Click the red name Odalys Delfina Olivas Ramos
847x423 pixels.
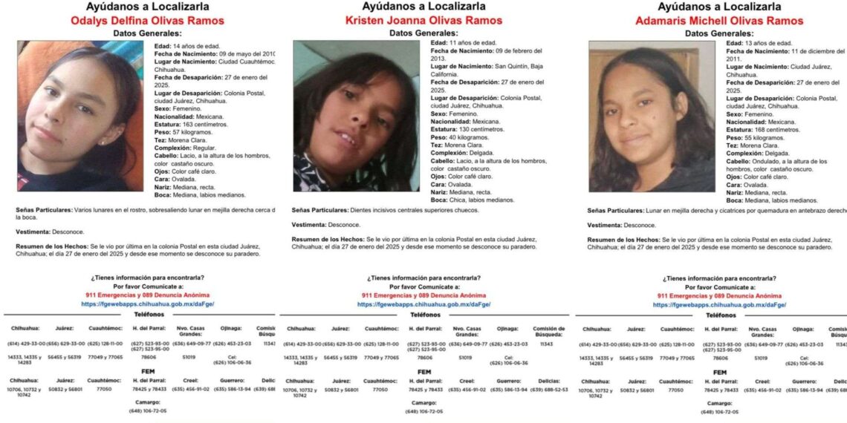pyautogui.click(x=147, y=21)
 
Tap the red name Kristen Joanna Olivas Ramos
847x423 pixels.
pyautogui.click(x=423, y=20)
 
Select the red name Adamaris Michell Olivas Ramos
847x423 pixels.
pyautogui.click(x=718, y=21)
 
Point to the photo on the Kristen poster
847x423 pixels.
pyautogui.click(x=356, y=116)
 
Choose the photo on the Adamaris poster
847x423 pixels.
pyautogui.click(x=652, y=117)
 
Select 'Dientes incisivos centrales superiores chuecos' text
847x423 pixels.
pyautogui.click(x=415, y=210)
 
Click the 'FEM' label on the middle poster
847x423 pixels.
pyautogui.click(x=424, y=372)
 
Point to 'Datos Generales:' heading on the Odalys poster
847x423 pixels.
pyautogui.click(x=146, y=33)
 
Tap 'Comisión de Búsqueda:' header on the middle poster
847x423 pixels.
pyautogui.click(x=548, y=332)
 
